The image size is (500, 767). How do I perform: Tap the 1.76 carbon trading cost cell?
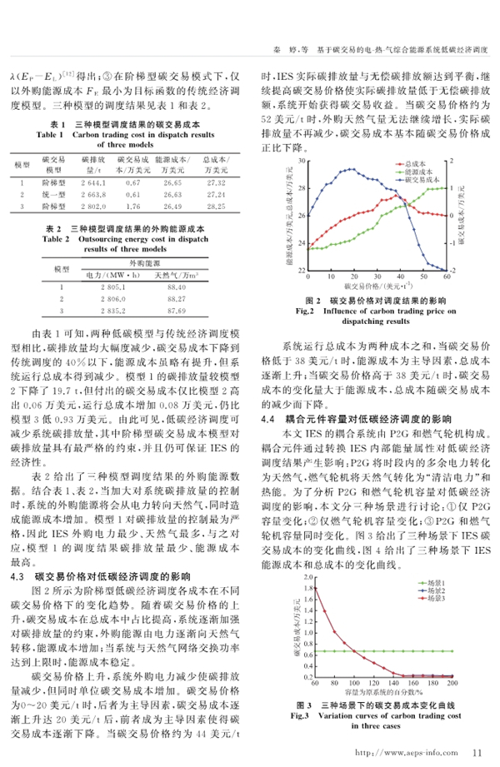tap(133, 205)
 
